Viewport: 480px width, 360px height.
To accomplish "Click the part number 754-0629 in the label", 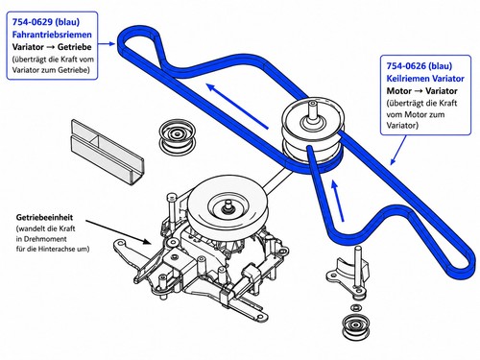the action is [32, 22].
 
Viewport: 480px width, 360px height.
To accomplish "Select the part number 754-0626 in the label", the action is [406, 66].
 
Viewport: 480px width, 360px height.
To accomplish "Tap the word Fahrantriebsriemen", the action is [52, 35].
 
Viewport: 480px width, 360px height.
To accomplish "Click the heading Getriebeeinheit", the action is [44, 217].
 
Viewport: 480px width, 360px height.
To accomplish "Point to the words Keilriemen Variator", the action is [425, 79].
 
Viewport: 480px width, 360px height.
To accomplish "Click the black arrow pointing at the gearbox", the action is [118, 232].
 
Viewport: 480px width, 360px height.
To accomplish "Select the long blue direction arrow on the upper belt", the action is [237, 107].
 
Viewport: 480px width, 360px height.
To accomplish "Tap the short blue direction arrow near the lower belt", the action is [338, 201].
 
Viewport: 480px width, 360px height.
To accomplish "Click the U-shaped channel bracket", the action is [108, 152].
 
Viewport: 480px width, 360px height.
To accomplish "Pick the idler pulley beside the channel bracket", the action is [178, 135].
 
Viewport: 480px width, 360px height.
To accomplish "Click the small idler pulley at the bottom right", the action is [355, 326].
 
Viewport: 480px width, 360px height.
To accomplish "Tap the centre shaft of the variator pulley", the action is [313, 111].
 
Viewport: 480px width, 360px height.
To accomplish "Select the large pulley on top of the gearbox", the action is [227, 204].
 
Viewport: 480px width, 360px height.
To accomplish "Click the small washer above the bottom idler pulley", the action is [356, 308].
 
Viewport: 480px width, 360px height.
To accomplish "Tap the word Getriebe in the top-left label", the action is [75, 47].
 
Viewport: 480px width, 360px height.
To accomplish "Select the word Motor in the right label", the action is [399, 91].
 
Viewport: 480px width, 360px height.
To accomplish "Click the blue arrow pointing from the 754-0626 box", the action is [398, 150].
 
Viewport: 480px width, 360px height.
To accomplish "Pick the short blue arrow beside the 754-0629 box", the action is [107, 43].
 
